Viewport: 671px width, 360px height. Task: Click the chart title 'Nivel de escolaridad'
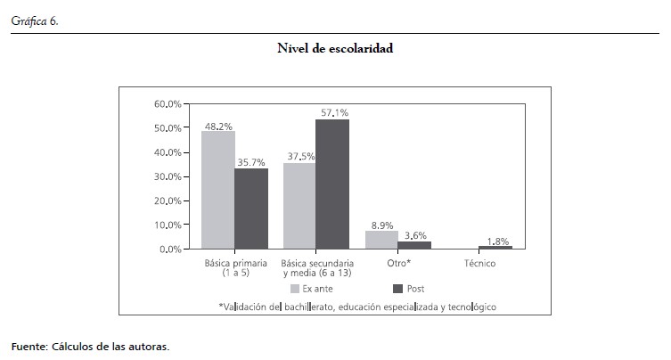(x=335, y=50)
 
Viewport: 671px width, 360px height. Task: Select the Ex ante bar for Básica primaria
(x=218, y=190)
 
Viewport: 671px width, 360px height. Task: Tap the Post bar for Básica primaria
(x=250, y=209)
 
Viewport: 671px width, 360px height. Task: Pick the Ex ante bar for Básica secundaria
(x=299, y=206)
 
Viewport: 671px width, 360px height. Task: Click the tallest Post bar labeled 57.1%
(x=332, y=184)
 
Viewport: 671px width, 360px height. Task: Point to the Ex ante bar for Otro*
(x=381, y=239)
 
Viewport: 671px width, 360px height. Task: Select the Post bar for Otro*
(x=414, y=244)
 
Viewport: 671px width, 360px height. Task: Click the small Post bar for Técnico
(x=495, y=247)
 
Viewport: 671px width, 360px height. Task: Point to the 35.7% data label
(x=251, y=163)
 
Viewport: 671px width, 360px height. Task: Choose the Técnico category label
(x=479, y=264)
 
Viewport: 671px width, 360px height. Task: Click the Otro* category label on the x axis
(x=397, y=264)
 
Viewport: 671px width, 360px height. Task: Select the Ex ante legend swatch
(x=294, y=289)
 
